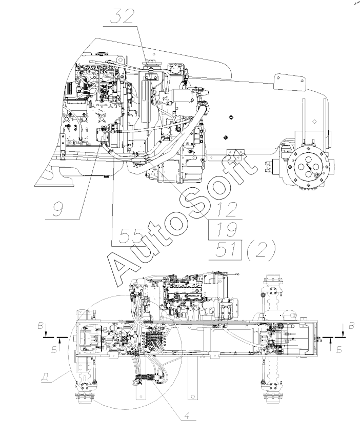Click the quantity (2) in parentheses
click(259, 250)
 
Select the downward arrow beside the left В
click(47, 334)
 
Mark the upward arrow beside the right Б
click(331, 341)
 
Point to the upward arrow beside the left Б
click(61, 341)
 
